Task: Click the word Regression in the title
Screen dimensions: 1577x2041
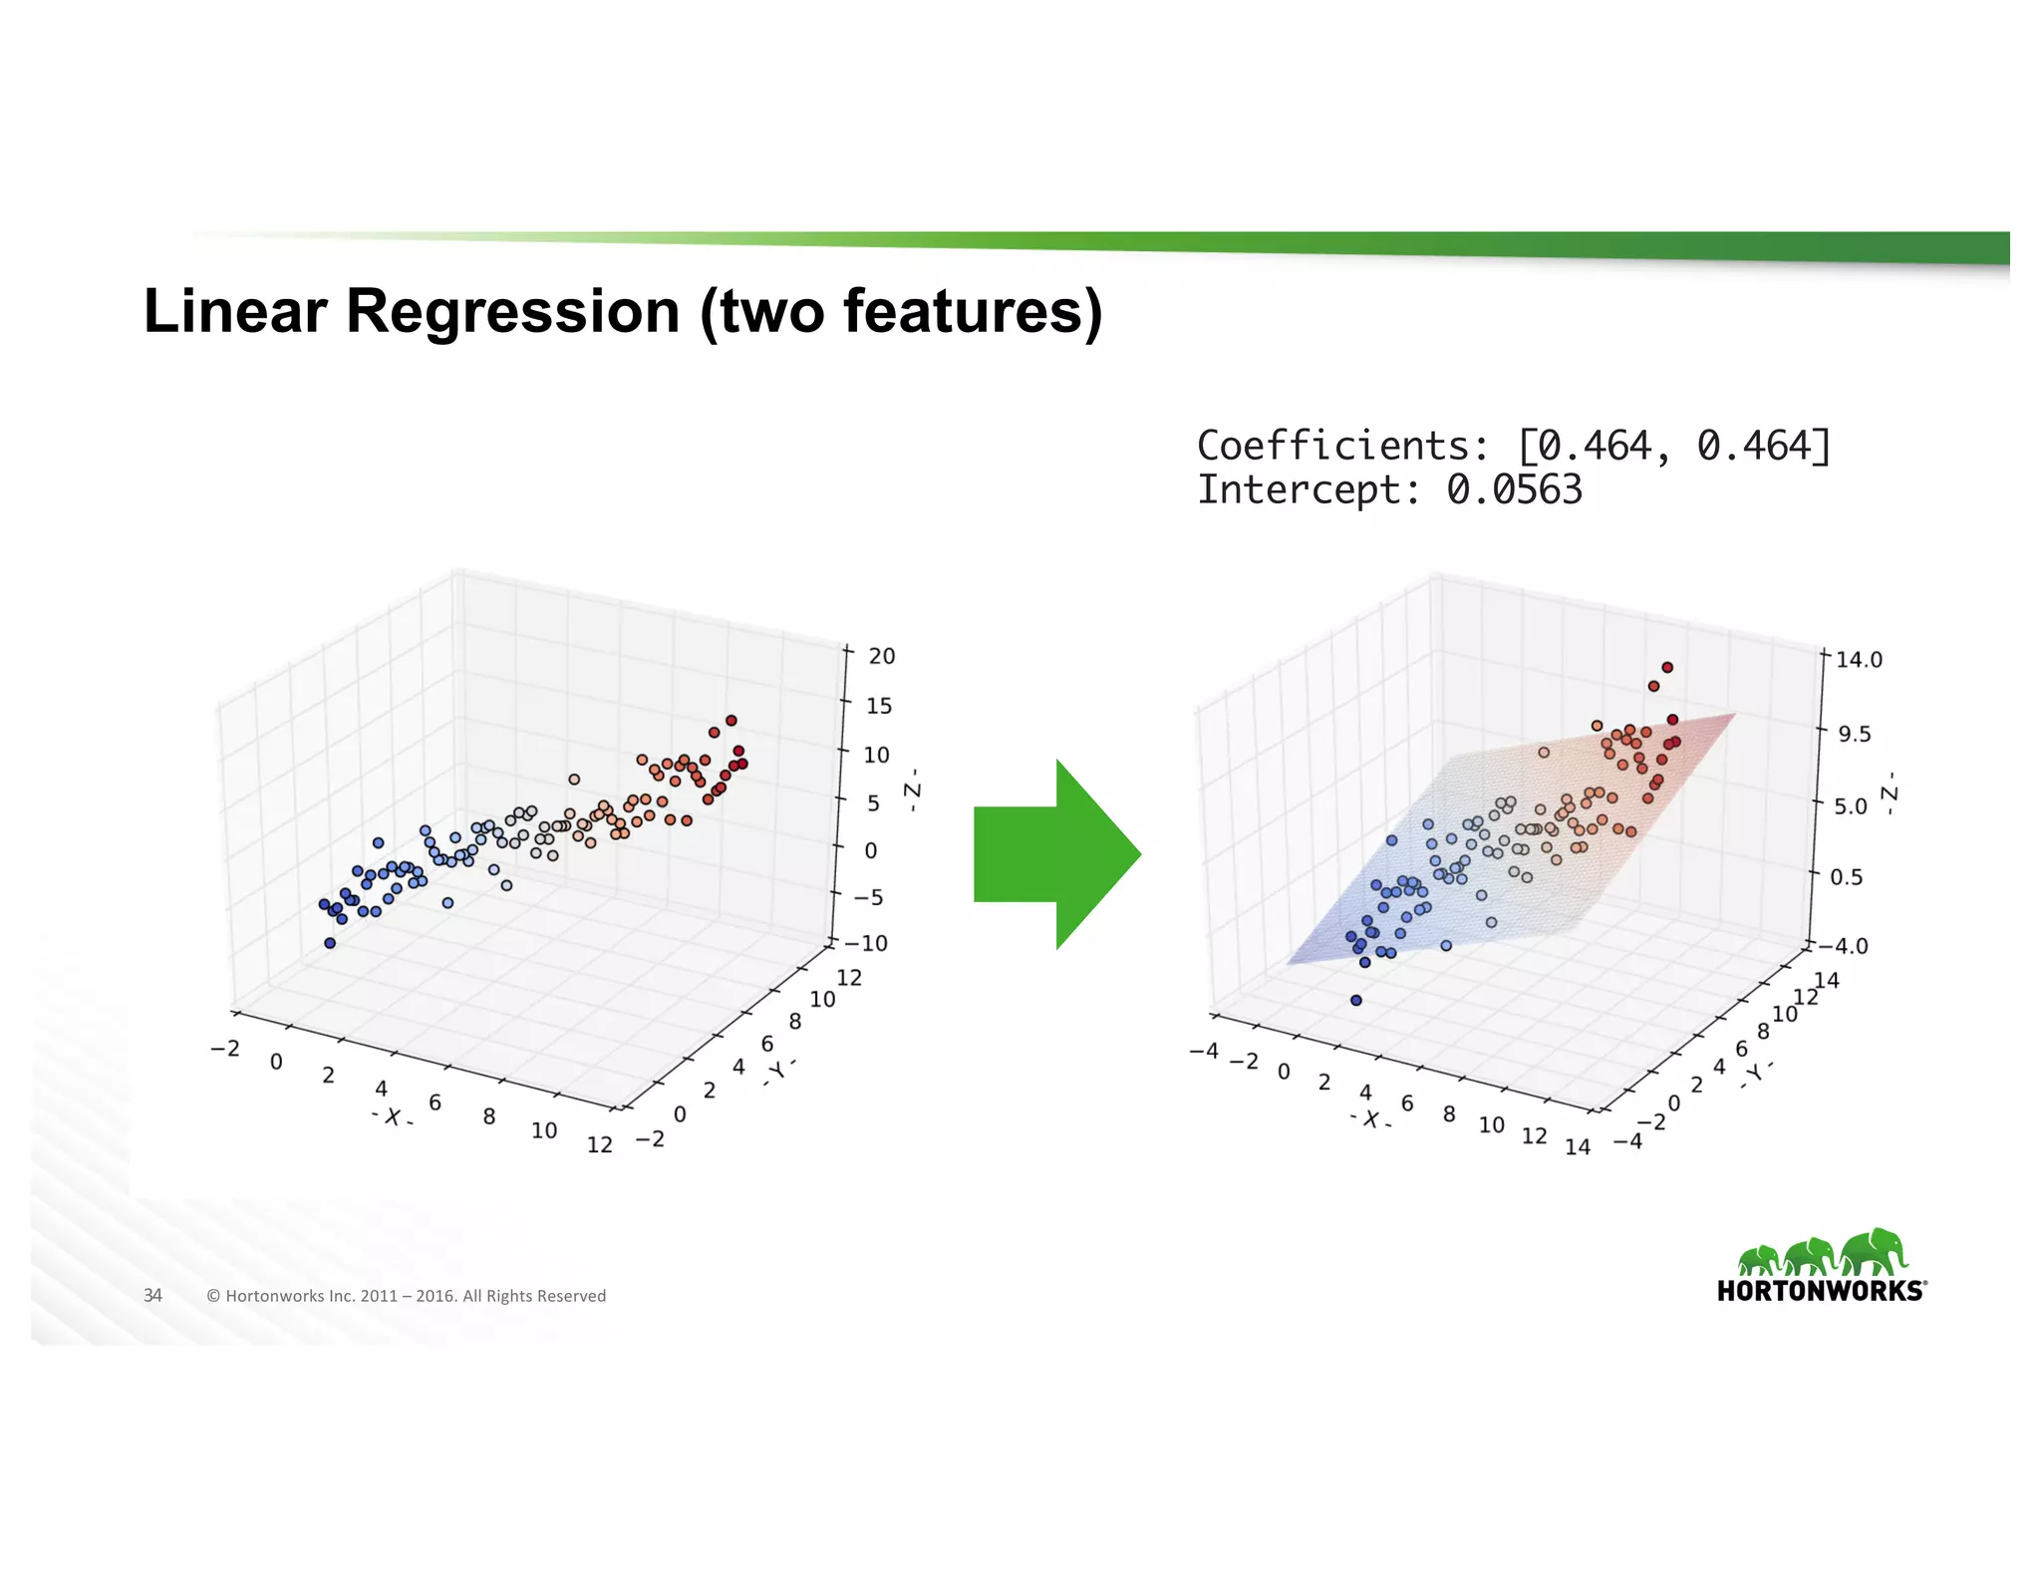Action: [512, 311]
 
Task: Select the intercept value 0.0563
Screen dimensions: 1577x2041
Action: [1514, 490]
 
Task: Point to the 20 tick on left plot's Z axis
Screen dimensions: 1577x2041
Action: [882, 656]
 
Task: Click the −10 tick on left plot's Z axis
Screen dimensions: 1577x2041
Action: [865, 943]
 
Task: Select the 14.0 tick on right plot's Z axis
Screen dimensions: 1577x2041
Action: [1859, 660]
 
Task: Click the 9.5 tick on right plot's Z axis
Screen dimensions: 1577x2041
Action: [1855, 735]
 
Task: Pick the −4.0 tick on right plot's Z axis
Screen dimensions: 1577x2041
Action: [1844, 946]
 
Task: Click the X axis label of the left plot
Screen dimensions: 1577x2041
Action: [393, 1117]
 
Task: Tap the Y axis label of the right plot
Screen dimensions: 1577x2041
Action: [1757, 1073]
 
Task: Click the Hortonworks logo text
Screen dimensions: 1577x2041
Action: [1821, 1291]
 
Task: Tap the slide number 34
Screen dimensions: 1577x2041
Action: [152, 1295]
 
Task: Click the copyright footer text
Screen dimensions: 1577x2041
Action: [406, 1296]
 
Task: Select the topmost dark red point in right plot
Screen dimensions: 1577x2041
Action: [1667, 668]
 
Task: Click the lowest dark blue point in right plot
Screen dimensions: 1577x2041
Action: [1355, 1000]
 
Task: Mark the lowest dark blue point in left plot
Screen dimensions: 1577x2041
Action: [330, 943]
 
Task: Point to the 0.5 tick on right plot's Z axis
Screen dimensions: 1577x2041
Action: [1846, 877]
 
